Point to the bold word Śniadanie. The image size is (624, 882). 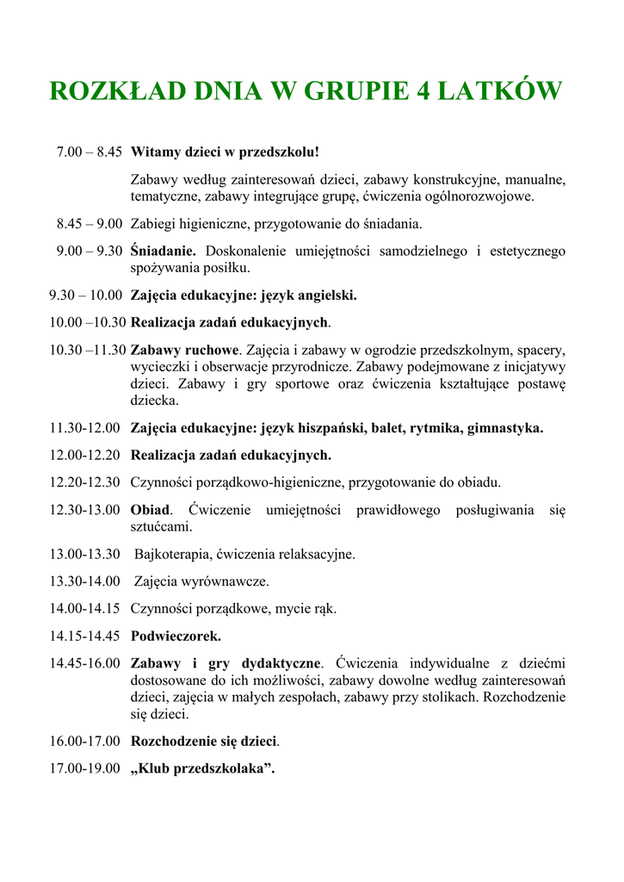(164, 252)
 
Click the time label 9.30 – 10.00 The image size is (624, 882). (86, 295)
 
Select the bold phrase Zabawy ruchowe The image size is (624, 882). (184, 351)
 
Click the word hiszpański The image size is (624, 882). (331, 428)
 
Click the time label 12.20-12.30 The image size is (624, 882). (84, 482)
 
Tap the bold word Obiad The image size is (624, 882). (151, 510)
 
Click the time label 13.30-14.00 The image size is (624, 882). (84, 581)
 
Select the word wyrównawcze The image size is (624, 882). (229, 581)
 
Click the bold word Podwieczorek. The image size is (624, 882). (176, 637)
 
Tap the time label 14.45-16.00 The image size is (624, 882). (84, 664)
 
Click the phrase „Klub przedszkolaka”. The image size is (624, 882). (202, 768)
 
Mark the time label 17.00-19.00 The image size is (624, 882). (84, 768)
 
